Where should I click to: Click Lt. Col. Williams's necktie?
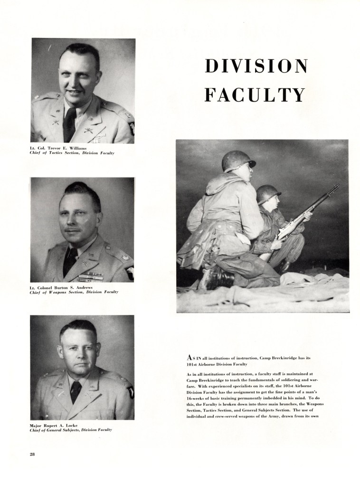click(x=69, y=125)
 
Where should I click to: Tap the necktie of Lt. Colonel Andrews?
click(x=70, y=261)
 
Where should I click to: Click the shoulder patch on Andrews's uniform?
click(x=130, y=271)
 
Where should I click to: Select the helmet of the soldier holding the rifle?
click(x=268, y=193)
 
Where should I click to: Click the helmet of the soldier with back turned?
click(x=237, y=160)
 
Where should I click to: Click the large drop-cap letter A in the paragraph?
click(x=190, y=357)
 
